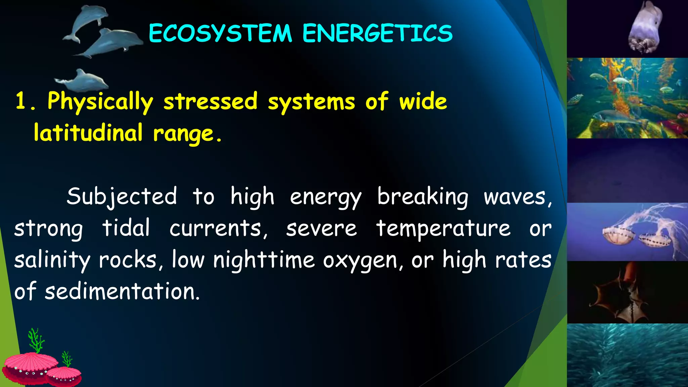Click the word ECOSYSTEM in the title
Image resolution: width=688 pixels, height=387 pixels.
click(220, 33)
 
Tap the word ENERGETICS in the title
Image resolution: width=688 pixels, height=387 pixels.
click(377, 33)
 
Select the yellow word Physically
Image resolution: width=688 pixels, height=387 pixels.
click(100, 101)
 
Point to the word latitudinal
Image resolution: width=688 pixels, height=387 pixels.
click(88, 132)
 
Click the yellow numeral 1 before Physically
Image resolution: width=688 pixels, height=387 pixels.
click(21, 101)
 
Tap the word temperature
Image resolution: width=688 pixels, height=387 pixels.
click(443, 228)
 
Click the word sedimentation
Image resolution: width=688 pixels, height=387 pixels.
click(122, 291)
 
